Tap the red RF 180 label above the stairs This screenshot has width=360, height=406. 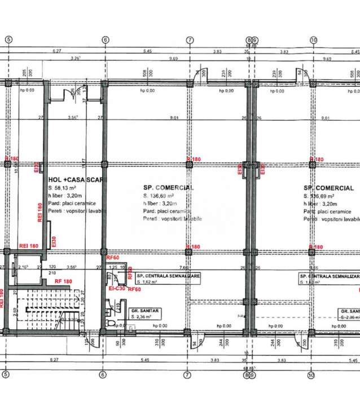pyautogui.click(x=64, y=281)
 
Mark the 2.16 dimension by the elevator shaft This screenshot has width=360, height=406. pyautogui.click(x=23, y=267)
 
